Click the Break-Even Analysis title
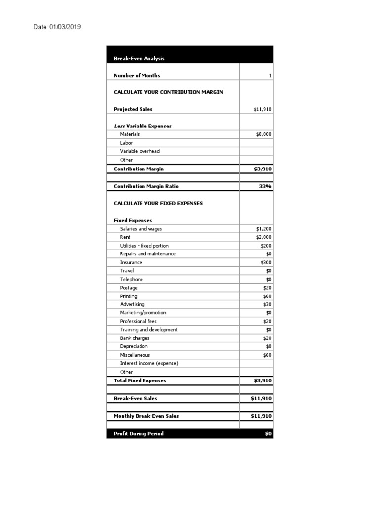point(139,58)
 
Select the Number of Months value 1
point(270,76)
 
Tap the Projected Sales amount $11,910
point(262,109)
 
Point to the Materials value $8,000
point(264,134)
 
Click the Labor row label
point(126,143)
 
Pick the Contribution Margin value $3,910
point(263,169)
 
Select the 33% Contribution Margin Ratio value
point(266,186)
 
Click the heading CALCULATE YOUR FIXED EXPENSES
point(158,203)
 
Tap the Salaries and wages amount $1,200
point(264,229)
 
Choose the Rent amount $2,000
point(264,238)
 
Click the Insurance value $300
point(266,263)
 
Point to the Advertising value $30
point(267,305)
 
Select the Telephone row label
point(131,280)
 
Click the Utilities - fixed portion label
point(144,246)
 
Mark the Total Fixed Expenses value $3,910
point(263,381)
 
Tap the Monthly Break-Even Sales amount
point(261,416)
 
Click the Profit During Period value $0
point(268,434)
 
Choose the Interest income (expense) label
point(149,363)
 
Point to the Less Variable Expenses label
point(142,126)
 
